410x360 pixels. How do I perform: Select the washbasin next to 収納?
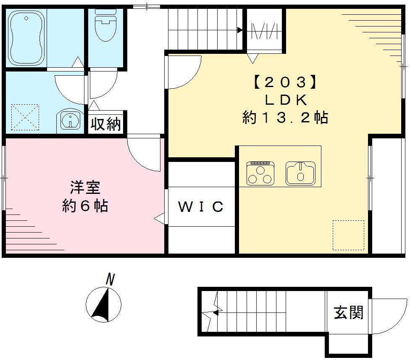[69, 121]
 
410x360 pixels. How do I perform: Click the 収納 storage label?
[106, 124]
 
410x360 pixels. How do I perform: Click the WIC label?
[201, 207]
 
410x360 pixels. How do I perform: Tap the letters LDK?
[286, 100]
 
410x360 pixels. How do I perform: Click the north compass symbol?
[103, 304]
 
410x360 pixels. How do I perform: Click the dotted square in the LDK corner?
[348, 235]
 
